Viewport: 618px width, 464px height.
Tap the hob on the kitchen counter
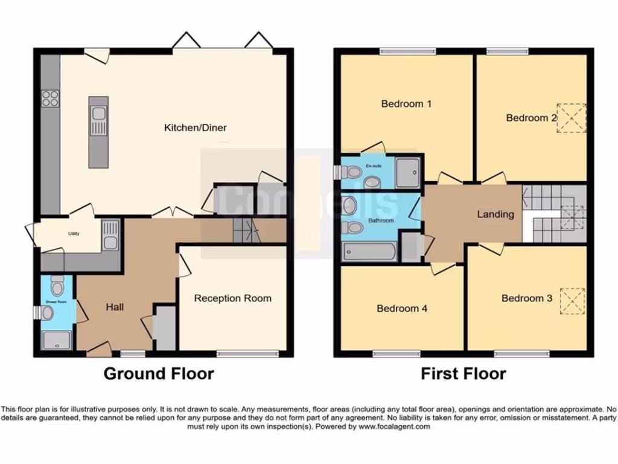point(50,98)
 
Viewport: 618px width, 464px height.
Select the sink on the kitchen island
point(98,121)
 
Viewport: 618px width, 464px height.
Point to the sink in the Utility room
point(110,235)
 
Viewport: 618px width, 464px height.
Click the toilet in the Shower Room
point(58,285)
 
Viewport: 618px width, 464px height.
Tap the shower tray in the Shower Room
point(57,340)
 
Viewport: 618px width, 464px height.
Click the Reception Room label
point(232,298)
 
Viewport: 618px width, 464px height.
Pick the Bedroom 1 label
point(406,104)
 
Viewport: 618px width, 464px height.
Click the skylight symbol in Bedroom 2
point(571,117)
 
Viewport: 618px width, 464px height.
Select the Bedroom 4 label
point(402,308)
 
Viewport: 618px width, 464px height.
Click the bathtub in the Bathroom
point(369,251)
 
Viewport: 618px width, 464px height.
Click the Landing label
point(495,214)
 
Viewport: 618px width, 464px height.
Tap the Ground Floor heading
point(159,373)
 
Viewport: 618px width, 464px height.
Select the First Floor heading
point(463,373)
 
